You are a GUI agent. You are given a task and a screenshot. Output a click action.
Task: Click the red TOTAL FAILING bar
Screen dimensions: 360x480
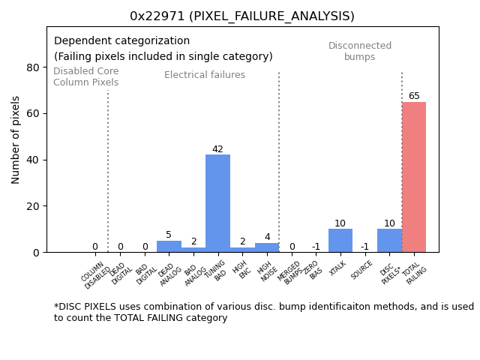tap(414, 177)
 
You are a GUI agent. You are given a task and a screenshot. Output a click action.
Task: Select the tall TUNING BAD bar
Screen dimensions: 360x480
tap(217, 203)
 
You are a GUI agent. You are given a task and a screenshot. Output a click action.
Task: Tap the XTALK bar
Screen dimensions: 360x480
tap(340, 241)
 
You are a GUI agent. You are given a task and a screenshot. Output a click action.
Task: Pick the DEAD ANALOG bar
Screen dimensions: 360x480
tap(169, 247)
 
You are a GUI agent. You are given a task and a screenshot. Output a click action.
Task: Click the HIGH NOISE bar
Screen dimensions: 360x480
tap(267, 247)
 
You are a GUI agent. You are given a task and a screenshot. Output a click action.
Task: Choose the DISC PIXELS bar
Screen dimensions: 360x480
tap(389, 241)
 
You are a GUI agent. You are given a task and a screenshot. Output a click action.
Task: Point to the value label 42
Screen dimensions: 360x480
tap(217, 149)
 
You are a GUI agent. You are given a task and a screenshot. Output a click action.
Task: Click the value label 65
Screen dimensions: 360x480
tap(414, 96)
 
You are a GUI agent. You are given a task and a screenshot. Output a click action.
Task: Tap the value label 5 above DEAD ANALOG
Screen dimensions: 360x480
tap(169, 235)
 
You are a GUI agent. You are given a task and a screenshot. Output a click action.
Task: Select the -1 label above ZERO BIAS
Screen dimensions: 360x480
tap(316, 247)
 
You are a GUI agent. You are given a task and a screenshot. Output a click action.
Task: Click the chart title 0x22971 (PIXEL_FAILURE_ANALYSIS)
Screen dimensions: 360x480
tap(242, 16)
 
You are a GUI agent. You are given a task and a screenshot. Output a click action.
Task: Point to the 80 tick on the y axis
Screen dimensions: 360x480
tap(33, 67)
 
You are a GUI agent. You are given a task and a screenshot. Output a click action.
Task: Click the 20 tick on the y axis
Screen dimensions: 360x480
tap(33, 206)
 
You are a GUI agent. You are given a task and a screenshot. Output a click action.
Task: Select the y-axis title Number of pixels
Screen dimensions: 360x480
tap(16, 139)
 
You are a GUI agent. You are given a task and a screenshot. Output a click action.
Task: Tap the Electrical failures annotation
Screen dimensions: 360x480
tap(205, 75)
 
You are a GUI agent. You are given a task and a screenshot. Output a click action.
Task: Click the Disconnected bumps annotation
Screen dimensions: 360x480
tap(360, 52)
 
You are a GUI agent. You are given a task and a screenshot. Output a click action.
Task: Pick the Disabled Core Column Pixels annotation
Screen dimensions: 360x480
tap(85, 76)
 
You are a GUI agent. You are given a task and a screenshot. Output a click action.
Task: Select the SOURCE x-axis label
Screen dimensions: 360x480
tap(363, 271)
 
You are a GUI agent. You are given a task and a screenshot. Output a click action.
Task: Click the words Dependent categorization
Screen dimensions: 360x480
tap(121, 41)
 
